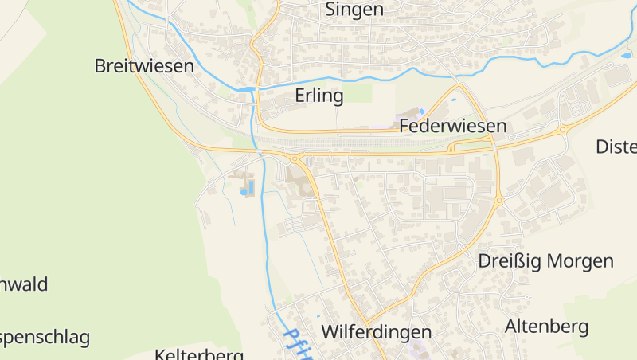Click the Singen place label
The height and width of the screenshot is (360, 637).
354,10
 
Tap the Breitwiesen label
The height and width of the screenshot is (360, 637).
144,66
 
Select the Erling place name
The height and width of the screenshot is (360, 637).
318,96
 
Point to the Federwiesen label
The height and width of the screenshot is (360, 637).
453,126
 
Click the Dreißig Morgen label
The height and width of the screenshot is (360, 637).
545,261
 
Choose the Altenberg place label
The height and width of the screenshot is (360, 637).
546,326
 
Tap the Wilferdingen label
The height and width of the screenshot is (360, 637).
376,331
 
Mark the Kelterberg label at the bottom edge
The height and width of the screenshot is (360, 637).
199,354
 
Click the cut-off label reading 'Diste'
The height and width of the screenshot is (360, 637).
616,147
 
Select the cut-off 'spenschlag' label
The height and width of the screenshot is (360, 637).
45,337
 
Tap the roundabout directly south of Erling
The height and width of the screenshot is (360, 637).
295,158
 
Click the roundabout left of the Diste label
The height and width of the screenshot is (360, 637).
562,129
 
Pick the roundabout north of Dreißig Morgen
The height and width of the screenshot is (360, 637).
499,201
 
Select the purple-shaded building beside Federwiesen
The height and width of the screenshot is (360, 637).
421,112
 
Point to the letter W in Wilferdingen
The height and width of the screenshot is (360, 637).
330,331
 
